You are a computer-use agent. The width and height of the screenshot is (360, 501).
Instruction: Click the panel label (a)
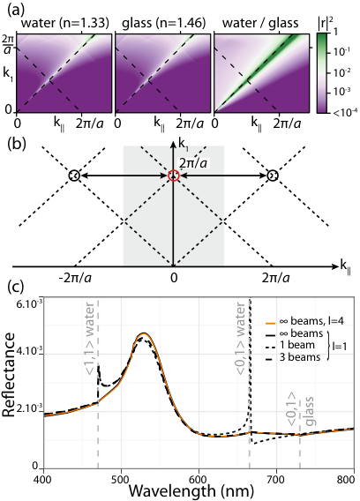coord(16,11)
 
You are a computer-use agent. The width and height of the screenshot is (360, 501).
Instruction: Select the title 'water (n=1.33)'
coord(65,23)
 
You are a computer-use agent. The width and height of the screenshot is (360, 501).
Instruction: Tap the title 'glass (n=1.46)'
coord(164,23)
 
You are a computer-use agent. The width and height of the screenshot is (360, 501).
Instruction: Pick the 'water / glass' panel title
coord(260,23)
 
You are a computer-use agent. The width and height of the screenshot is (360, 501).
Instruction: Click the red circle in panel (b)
coord(173,176)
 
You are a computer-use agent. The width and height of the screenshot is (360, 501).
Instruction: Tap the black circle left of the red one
coord(74,176)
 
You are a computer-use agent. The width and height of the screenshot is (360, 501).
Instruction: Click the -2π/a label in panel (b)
coord(75,278)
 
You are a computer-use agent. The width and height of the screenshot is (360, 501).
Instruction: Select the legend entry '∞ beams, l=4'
coord(304,321)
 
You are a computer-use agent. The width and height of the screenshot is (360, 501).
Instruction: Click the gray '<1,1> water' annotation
coord(90,339)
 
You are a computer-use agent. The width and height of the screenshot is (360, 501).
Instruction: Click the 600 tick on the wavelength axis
coord(199,479)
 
